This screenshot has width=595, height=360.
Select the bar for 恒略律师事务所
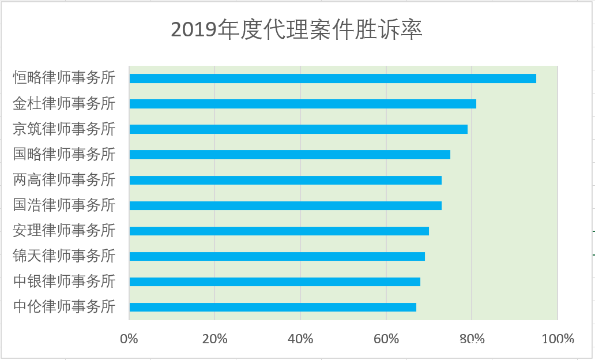pos(333,78)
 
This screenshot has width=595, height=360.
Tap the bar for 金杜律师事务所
pos(303,104)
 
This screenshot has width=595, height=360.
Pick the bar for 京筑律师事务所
pos(298,129)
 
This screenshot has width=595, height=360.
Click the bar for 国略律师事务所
pos(289,155)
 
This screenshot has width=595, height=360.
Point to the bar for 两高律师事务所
pos(285,180)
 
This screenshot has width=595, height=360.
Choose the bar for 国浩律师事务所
pos(285,205)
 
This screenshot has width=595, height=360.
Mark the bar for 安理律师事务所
pos(279,231)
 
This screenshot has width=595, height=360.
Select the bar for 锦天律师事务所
pos(277,256)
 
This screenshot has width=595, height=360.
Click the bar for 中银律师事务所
pos(274,282)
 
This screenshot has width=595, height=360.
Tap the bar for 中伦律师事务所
pos(273,307)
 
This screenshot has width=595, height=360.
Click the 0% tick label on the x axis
pos(129,339)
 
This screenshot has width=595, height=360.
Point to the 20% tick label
pos(214,339)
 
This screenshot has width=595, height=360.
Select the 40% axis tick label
pos(300,339)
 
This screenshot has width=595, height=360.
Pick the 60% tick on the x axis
pos(386,339)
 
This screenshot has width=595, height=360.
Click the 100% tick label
pos(558,339)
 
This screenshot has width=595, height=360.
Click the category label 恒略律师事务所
pos(64,78)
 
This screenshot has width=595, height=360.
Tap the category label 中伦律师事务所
pos(64,306)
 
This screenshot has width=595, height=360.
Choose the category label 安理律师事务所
pos(64,230)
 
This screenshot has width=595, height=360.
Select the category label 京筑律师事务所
pos(64,129)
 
